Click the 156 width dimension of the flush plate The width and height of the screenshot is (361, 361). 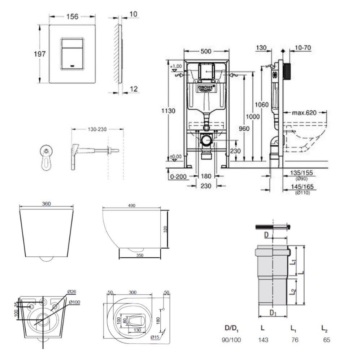coord(72,16)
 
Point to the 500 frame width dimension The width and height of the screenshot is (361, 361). coord(206,51)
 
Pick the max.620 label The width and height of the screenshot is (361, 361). coord(304,112)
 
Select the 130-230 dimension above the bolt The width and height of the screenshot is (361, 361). coord(97,129)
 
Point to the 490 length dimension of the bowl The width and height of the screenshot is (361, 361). coord(131,205)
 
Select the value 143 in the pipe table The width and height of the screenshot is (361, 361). coord(264,340)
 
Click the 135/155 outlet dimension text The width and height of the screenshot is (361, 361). coord(302,173)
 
